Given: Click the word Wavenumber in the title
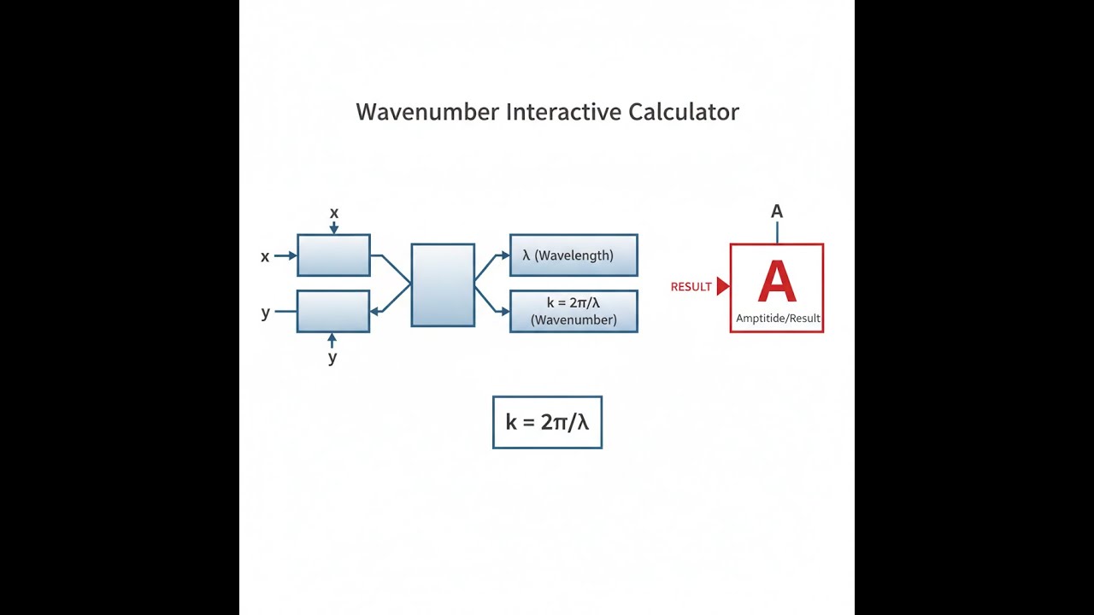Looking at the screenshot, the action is (427, 112).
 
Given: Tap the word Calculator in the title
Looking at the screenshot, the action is (683, 112).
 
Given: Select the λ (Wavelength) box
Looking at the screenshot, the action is (573, 255).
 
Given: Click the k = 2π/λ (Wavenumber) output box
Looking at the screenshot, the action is (573, 312).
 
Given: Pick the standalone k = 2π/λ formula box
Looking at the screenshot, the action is (548, 422).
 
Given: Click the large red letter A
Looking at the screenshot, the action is (777, 281).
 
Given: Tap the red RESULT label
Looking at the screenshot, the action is (691, 287).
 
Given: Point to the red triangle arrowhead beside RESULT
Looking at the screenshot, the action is (723, 286).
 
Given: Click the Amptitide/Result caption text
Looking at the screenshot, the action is (778, 319).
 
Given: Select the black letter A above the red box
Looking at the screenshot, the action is (777, 211).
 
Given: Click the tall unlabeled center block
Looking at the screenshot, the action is (443, 285).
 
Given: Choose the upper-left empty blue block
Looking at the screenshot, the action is (333, 255).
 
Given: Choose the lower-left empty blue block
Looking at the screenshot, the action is (333, 312).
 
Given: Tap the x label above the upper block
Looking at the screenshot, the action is (334, 214).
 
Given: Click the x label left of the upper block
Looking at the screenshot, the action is (265, 257).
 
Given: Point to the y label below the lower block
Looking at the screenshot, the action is (332, 358).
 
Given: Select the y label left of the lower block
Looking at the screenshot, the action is (266, 313).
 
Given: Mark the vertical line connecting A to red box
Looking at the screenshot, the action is (777, 233).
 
